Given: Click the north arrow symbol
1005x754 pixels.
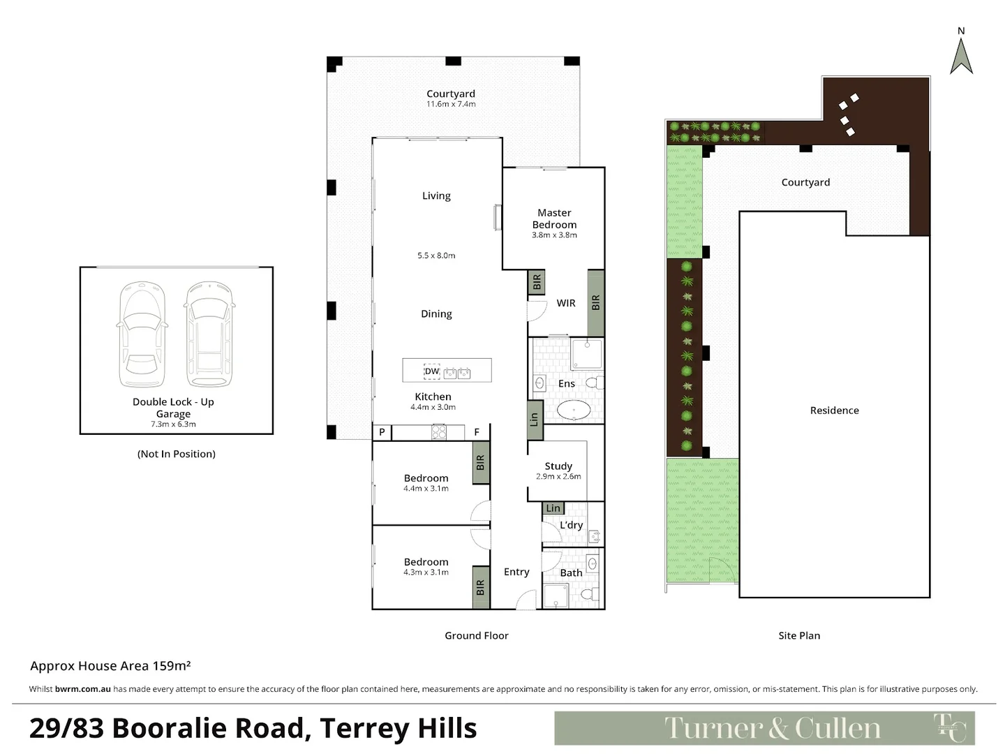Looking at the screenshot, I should [x=961, y=56].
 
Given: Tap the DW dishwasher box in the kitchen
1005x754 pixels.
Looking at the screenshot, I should [x=432, y=371].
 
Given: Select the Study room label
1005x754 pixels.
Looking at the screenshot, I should [x=558, y=466].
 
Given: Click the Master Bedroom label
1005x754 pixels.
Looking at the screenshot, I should [x=554, y=219].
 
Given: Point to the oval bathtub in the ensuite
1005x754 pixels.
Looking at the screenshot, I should [x=574, y=411].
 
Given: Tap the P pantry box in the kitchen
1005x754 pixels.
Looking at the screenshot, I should [x=382, y=432].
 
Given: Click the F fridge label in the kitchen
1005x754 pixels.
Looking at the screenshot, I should [x=477, y=432].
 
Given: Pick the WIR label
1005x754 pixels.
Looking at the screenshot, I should [x=566, y=303].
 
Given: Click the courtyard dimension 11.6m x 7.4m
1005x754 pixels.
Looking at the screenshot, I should [x=451, y=104].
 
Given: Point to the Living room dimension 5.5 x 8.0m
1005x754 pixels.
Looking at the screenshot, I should [x=436, y=256].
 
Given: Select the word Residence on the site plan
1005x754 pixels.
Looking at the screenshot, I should [x=834, y=411].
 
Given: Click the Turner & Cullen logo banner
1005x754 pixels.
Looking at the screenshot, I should [x=764, y=728].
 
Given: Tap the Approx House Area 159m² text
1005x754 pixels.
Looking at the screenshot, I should [x=110, y=666].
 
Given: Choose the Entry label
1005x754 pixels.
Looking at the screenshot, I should [x=516, y=572].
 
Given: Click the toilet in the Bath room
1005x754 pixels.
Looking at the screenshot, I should [x=588, y=595].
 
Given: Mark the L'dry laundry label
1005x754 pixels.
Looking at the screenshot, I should [x=571, y=525].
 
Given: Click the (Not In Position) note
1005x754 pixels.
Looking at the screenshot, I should [x=177, y=454].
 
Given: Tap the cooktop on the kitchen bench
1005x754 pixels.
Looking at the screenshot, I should [x=438, y=433].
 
